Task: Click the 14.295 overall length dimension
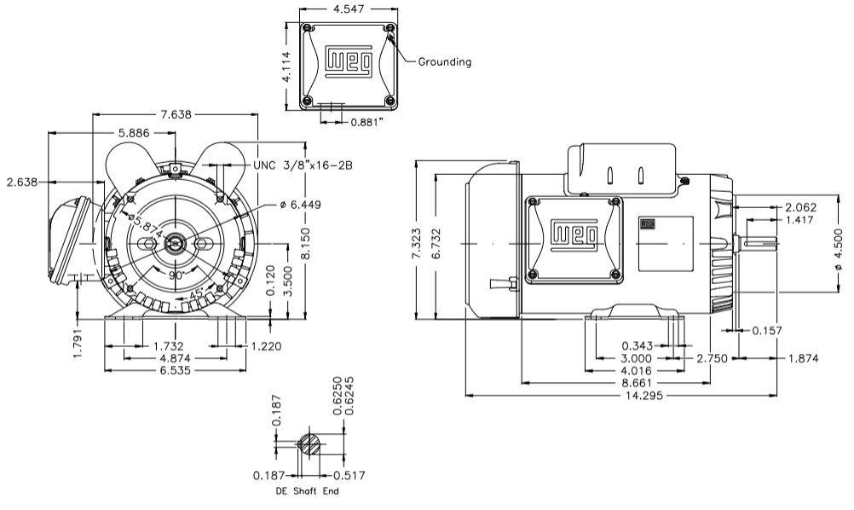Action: click(645, 396)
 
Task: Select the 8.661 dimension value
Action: click(645, 384)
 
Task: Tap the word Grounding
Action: click(444, 61)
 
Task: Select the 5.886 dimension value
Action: click(135, 132)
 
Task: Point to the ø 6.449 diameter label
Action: click(306, 204)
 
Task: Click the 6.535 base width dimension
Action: click(175, 371)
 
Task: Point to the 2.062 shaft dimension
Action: click(800, 207)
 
